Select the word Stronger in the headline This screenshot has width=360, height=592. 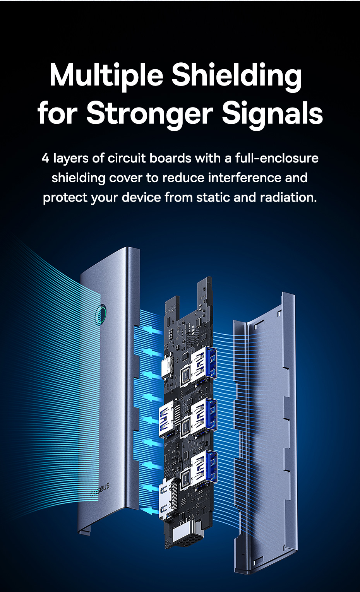[x=149, y=113]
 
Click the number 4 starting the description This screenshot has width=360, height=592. [x=45, y=158]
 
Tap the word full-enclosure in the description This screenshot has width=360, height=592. [x=277, y=158]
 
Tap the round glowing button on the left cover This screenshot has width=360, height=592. [x=102, y=314]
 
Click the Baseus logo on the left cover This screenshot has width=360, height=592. [x=100, y=489]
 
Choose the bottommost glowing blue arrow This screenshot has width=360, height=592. [x=150, y=511]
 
